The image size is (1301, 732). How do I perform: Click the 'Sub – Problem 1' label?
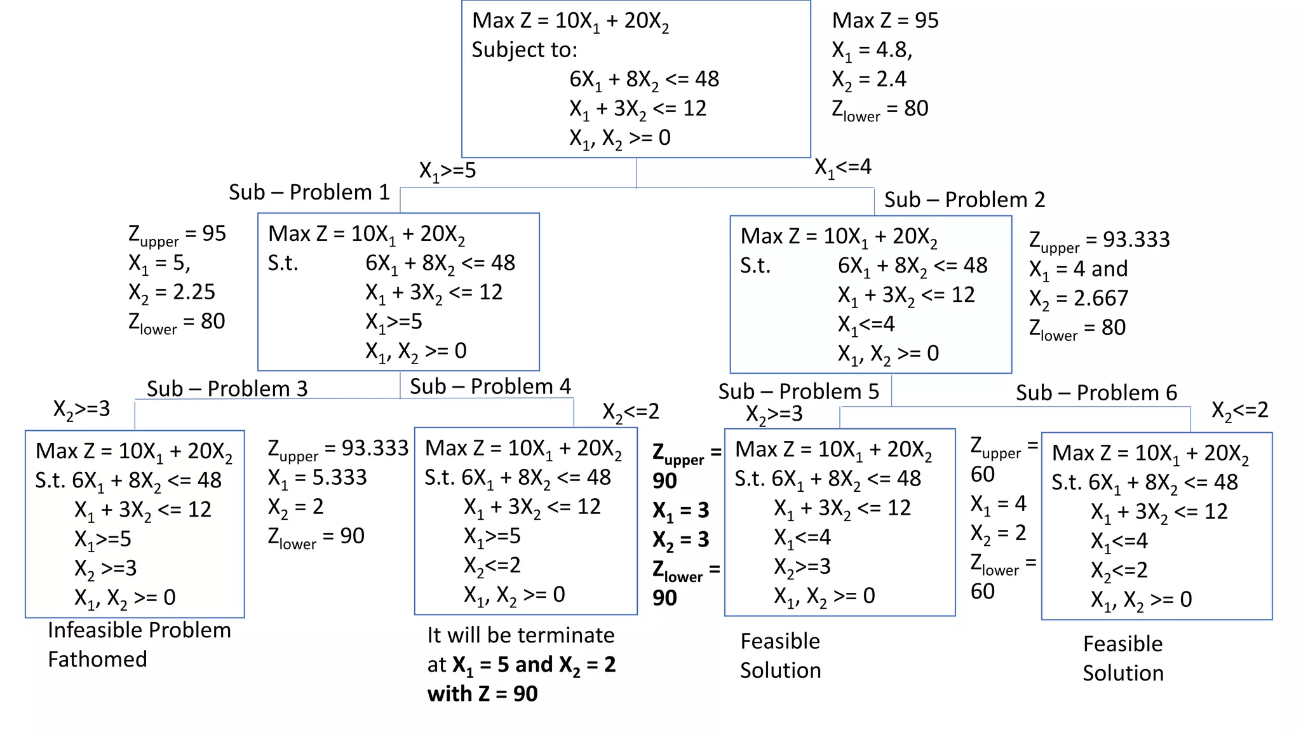(309, 192)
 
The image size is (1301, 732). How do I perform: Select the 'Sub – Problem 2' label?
(964, 200)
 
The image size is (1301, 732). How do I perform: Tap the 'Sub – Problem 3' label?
(227, 388)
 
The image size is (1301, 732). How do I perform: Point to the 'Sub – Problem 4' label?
(490, 386)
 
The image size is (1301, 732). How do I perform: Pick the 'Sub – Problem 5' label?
(799, 391)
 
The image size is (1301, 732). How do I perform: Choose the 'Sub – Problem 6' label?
(1096, 393)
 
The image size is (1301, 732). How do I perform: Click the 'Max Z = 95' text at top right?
(885, 20)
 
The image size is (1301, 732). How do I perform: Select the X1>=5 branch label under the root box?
(447, 171)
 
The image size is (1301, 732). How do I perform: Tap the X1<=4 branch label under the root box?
(843, 168)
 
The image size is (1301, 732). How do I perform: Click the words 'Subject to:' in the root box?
(524, 50)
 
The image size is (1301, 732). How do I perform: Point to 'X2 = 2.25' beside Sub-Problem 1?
(172, 292)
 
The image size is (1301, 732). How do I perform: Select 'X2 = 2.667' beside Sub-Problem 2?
(1079, 299)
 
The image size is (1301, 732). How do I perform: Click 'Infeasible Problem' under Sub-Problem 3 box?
(139, 630)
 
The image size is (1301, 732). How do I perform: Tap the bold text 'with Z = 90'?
(482, 694)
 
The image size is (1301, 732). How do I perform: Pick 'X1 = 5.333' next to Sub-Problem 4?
(317, 478)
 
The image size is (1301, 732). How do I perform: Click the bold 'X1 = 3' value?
(680, 510)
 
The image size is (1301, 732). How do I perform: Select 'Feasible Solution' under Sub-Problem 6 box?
(1122, 658)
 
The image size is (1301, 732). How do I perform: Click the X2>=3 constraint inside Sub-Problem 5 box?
(802, 567)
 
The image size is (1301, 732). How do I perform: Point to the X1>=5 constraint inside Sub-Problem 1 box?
(393, 322)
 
